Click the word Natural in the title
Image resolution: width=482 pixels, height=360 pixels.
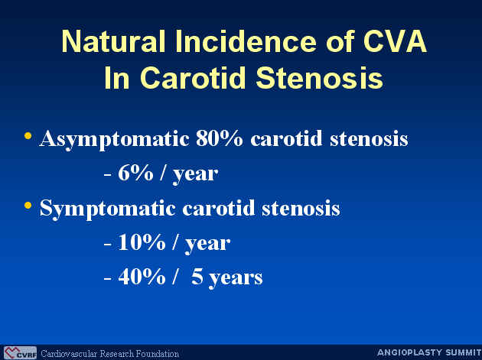pyautogui.click(x=114, y=41)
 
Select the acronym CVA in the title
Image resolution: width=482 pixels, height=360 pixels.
pyautogui.click(x=395, y=41)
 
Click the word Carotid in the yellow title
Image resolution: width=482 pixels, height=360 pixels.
pyautogui.click(x=194, y=77)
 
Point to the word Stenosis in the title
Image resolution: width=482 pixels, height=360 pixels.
pyautogui.click(x=319, y=77)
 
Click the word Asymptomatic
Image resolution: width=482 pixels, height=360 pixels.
pyautogui.click(x=114, y=140)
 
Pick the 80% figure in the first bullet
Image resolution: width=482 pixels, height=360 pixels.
pyautogui.click(x=219, y=139)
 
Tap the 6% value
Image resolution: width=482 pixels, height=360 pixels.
pyautogui.click(x=135, y=174)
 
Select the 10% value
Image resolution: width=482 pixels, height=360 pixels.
pyautogui.click(x=142, y=243)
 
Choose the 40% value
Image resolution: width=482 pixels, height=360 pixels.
pyautogui.click(x=142, y=277)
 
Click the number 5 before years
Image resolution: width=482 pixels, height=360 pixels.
pyautogui.click(x=197, y=277)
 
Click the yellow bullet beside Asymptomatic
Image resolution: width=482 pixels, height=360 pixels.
pyautogui.click(x=28, y=135)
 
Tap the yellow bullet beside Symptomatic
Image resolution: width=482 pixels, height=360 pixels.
pyautogui.click(x=28, y=205)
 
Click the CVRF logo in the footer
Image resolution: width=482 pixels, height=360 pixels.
pyautogui.click(x=20, y=353)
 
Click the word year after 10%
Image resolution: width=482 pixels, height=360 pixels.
pyautogui.click(x=207, y=245)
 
